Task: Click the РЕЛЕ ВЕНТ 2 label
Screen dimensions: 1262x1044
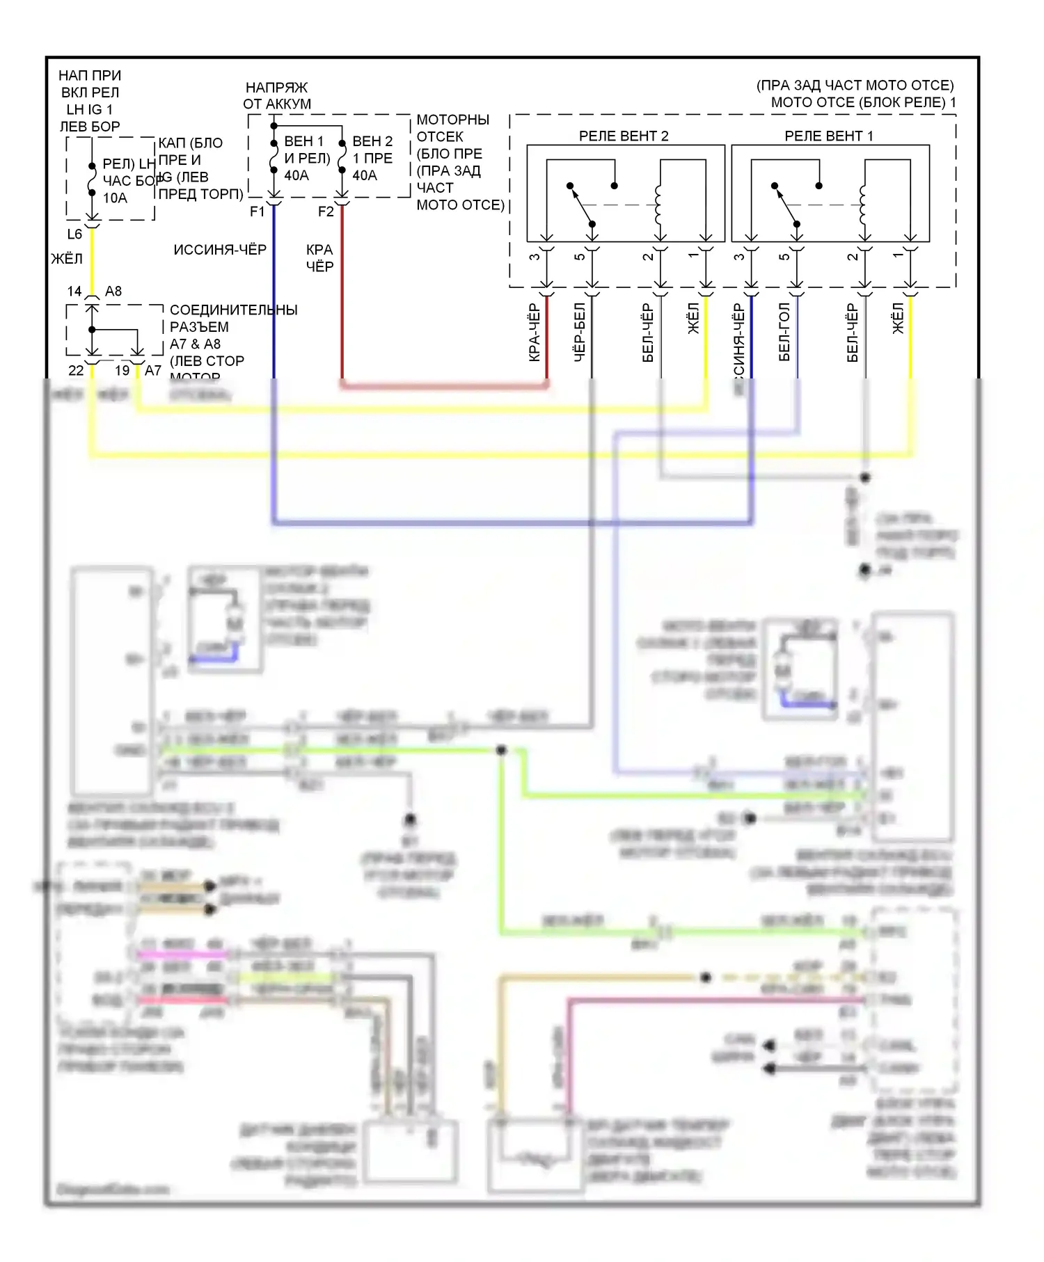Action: (623, 136)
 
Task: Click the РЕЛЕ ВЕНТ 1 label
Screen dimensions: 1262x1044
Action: (828, 136)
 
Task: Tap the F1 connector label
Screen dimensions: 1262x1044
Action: (258, 211)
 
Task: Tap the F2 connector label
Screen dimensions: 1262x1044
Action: (326, 211)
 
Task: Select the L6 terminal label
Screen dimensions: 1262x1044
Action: (74, 234)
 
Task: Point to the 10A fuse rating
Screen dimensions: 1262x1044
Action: (115, 198)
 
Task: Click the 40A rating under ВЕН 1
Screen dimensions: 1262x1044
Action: (296, 175)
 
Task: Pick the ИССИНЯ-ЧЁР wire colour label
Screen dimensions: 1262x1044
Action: (220, 250)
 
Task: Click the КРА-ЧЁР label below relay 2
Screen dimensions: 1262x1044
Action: (534, 333)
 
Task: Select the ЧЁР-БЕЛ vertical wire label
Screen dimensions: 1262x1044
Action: (580, 333)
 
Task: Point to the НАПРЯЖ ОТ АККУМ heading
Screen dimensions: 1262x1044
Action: (277, 96)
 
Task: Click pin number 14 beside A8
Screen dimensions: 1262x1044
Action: (74, 291)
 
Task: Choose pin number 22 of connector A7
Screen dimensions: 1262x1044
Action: (76, 371)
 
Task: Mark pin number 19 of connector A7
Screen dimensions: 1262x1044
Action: (122, 371)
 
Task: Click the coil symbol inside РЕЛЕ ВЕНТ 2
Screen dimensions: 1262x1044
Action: (658, 205)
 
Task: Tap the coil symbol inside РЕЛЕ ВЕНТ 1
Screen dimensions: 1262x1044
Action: (863, 205)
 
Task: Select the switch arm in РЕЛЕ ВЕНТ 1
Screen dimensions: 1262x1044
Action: (786, 205)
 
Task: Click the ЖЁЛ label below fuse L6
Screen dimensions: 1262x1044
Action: (67, 259)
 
